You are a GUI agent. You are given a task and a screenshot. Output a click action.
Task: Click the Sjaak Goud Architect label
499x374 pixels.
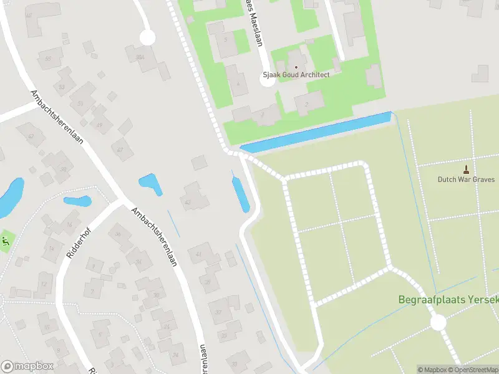click(296, 75)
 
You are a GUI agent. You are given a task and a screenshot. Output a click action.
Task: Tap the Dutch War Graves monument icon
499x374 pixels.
click(466, 169)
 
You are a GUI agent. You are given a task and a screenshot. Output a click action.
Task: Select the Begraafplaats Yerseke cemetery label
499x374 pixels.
click(448, 300)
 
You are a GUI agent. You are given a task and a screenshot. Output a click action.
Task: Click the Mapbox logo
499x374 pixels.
click(27, 367)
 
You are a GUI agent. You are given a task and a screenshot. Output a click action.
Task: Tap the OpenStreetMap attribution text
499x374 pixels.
click(477, 370)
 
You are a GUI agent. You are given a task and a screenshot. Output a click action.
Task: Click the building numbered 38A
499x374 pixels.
click(140, 58)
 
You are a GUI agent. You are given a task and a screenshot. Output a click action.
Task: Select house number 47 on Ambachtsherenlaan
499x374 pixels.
click(121, 149)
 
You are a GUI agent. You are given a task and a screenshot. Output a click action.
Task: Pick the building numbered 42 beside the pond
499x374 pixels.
click(188, 201)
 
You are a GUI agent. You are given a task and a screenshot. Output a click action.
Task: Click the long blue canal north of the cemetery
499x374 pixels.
click(316, 132)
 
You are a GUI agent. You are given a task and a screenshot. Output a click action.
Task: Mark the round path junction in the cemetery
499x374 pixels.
click(438, 322)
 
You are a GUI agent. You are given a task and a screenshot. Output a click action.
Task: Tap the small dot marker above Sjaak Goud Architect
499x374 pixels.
click(296, 66)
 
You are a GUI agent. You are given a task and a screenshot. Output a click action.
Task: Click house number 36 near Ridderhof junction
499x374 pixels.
click(118, 235)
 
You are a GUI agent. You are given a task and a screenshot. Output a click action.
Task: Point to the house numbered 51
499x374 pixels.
click(49, 60)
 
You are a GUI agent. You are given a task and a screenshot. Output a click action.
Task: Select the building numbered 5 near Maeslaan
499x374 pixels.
click(225, 40)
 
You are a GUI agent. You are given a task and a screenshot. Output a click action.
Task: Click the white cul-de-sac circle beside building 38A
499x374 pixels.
click(147, 37)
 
